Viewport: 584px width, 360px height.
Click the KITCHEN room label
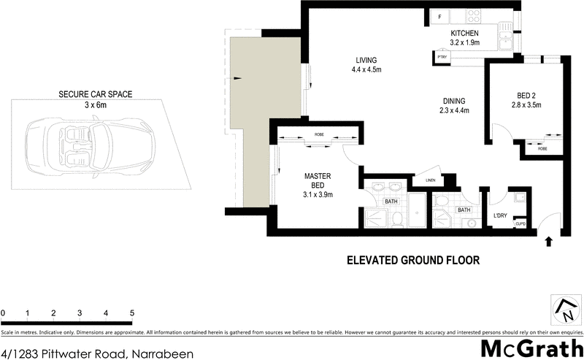click(x=464, y=34)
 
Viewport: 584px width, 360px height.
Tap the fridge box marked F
click(x=439, y=17)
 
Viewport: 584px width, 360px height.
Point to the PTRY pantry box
click(x=441, y=56)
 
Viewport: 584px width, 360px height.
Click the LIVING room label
click(x=366, y=61)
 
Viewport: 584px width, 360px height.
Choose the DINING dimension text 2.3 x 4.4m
click(x=455, y=110)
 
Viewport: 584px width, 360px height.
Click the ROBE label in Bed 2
click(x=542, y=148)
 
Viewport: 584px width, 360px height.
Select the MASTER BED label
click(x=318, y=180)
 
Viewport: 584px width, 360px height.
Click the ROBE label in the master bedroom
click(x=319, y=135)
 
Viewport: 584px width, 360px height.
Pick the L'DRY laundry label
click(x=500, y=215)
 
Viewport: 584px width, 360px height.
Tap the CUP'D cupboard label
click(x=520, y=224)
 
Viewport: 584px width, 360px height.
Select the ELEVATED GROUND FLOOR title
click(x=412, y=259)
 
